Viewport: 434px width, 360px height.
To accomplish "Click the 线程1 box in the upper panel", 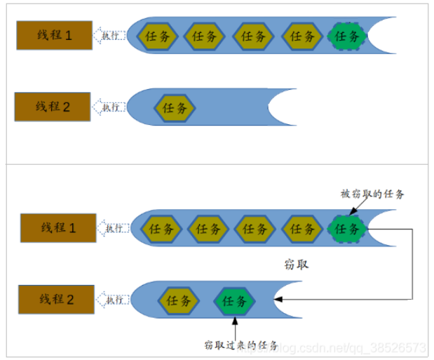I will click(x=55, y=34).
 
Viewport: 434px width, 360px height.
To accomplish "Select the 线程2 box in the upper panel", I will click(x=53, y=107).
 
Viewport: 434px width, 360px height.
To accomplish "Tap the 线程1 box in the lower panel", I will click(x=57, y=227).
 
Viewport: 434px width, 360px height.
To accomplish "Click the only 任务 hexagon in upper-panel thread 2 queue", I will click(x=175, y=108).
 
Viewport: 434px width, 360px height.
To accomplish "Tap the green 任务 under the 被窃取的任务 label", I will click(x=347, y=228).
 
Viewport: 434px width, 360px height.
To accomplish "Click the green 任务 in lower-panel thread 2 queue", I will click(x=234, y=301).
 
